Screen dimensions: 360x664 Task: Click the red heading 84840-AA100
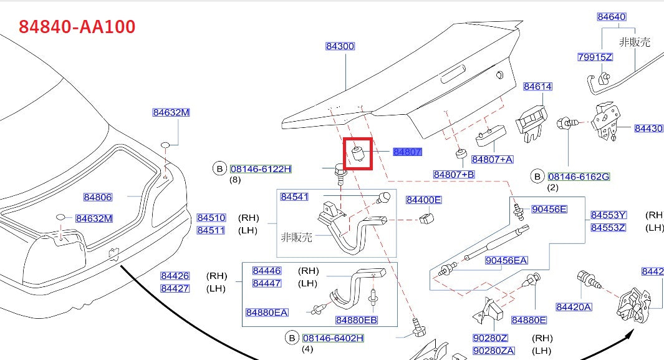pos(77,27)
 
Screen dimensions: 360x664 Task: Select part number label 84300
pos(340,46)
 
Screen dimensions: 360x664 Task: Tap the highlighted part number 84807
pos(407,152)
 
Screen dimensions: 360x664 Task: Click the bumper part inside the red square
pos(358,153)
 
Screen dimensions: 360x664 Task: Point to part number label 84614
pos(537,87)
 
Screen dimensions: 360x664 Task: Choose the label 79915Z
pos(595,57)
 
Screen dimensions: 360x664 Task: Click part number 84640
pos(611,17)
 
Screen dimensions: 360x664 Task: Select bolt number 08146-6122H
pos(261,168)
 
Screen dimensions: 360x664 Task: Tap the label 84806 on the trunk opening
pos(98,197)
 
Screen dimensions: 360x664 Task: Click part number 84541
pos(294,197)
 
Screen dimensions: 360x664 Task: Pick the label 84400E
pos(423,200)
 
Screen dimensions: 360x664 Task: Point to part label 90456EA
pos(506,260)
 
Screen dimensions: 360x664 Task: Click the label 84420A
pos(574,306)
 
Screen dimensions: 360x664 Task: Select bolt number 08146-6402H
pos(333,338)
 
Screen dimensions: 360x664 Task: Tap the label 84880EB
pos(356,320)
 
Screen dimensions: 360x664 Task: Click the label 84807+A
pos(492,159)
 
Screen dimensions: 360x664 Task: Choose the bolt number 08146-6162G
pos(579,177)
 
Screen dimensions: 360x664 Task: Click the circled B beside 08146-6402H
pos(292,338)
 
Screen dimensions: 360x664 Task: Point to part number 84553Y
pos(608,215)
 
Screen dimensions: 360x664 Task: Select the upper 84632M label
pos(171,112)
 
